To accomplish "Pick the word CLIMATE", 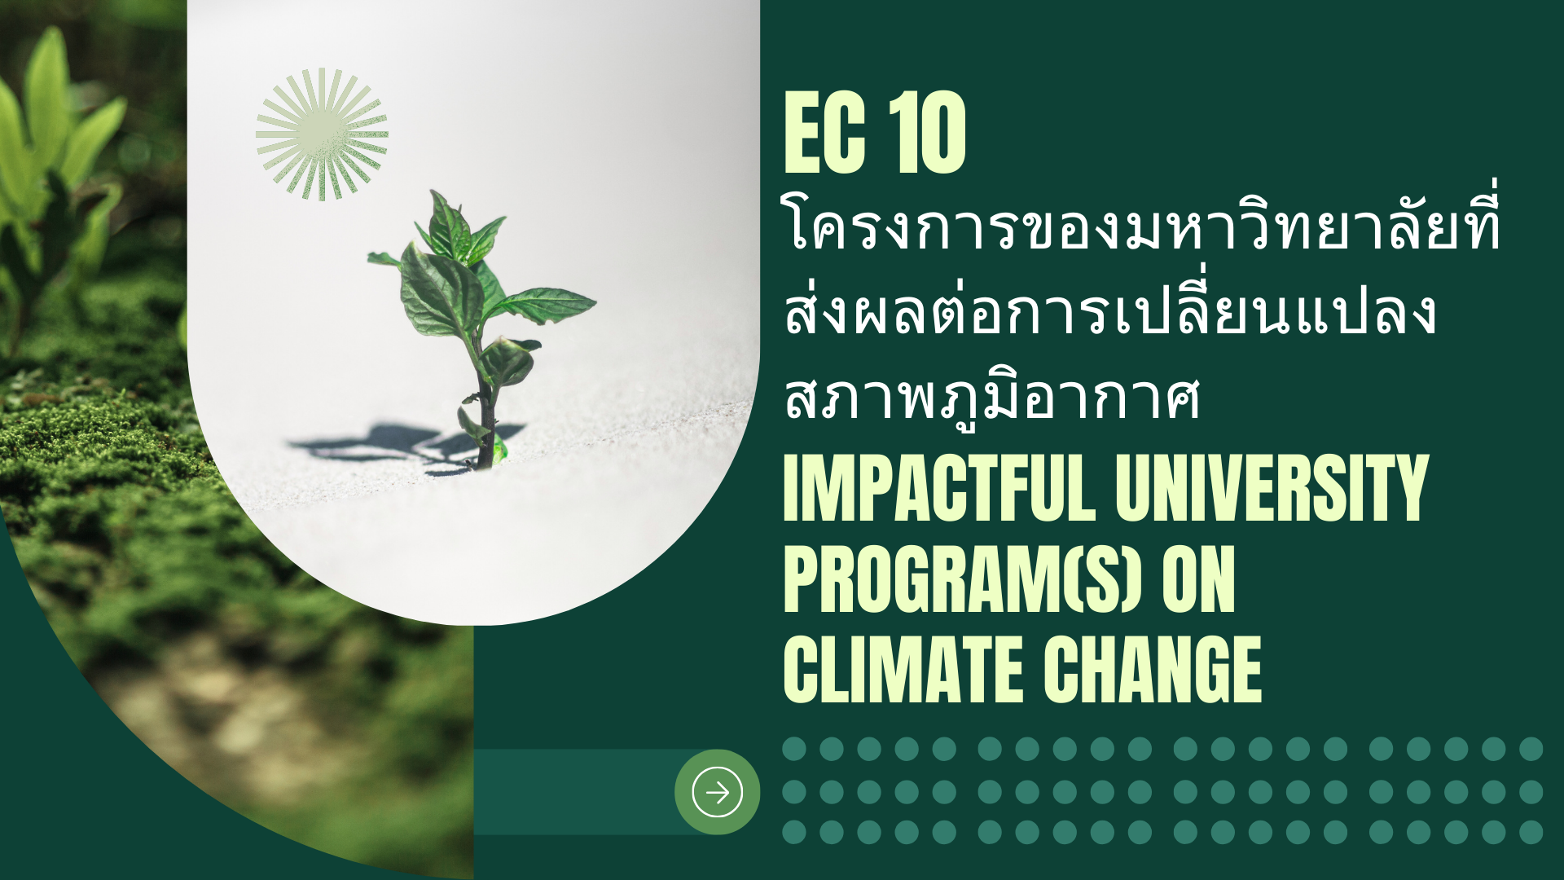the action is (903, 670).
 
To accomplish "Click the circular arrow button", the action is (717, 791).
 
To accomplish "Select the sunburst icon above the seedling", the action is (322, 134).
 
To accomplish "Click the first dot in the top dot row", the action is (794, 749).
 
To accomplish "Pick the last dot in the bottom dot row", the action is (1531, 832).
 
